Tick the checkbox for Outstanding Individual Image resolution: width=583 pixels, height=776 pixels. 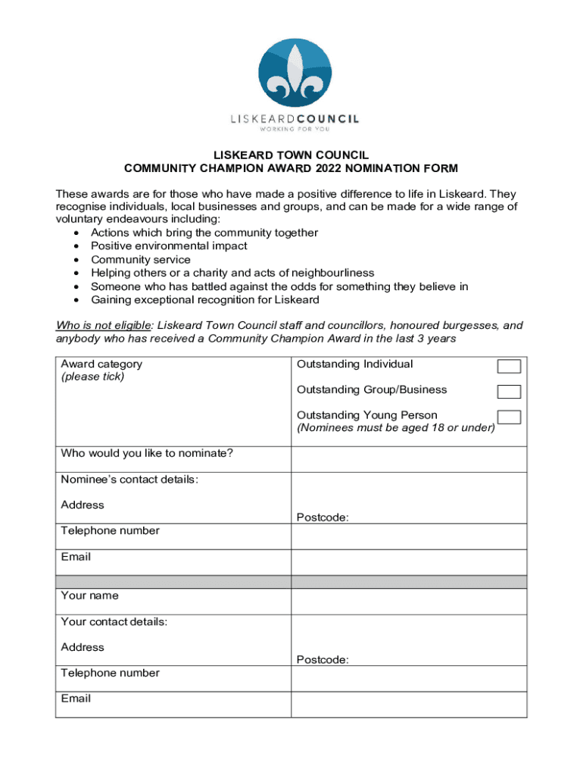508,367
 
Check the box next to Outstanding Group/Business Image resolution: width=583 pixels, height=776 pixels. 508,392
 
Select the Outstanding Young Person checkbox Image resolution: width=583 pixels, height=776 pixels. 508,417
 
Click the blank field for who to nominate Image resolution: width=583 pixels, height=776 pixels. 409,459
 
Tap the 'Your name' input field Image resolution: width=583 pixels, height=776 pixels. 409,602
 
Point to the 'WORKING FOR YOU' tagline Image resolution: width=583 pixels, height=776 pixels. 295,129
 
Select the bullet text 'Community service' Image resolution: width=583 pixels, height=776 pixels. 140,260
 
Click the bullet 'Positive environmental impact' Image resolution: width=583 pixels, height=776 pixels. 168,246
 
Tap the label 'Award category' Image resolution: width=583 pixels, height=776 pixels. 101,364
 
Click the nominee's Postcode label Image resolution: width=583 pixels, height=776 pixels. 323,518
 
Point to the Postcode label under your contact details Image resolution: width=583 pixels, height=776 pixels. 323,660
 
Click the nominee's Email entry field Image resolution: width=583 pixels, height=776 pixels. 409,562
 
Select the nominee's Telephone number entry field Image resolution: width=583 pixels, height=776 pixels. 409,537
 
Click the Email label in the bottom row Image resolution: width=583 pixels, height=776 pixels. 76,699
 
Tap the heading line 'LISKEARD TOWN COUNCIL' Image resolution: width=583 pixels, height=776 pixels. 291,155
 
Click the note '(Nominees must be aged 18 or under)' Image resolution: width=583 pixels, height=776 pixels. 396,428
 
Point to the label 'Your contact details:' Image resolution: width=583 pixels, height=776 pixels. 114,621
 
